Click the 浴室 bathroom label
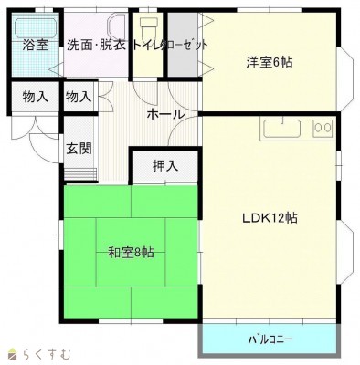(35, 44)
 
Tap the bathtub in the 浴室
(35, 26)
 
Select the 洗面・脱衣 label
(96, 44)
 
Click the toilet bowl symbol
(148, 25)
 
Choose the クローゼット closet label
(183, 44)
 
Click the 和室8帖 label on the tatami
(131, 251)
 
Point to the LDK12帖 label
(270, 218)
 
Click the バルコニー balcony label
(270, 339)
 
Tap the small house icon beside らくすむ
(14, 353)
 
